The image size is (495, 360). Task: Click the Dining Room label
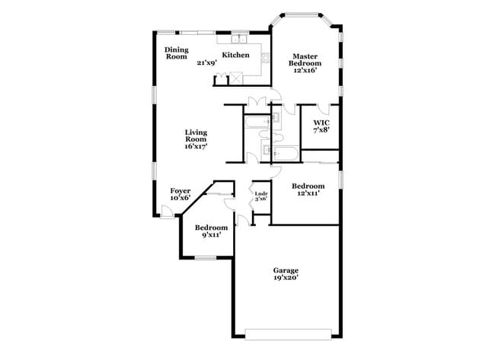(x=177, y=53)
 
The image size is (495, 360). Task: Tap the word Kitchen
(x=235, y=55)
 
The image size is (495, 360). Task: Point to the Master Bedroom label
(x=305, y=59)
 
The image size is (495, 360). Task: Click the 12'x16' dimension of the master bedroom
(x=305, y=70)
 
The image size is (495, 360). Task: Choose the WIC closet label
(x=321, y=121)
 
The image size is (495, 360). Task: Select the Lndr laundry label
(x=260, y=194)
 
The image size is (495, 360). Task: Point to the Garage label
(x=286, y=270)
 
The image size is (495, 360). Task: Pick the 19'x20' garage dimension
(x=286, y=278)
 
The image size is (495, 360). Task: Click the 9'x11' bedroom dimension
(x=211, y=237)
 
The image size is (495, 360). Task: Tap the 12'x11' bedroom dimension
(x=308, y=194)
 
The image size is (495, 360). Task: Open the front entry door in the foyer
(x=167, y=211)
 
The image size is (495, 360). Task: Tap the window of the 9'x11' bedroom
(x=206, y=258)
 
